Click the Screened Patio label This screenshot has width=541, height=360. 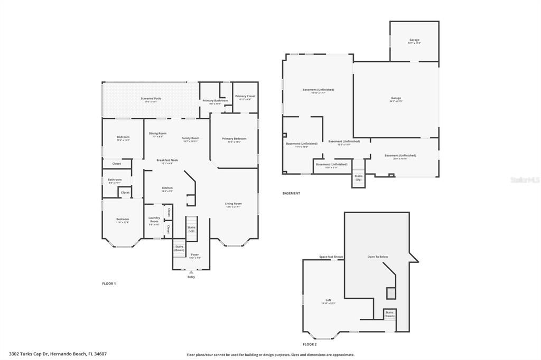point(151,99)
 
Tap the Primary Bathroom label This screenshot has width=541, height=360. point(215,101)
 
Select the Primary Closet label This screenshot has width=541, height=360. point(245,97)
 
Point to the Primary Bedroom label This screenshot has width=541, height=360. point(234,139)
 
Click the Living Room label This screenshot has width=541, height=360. point(233,204)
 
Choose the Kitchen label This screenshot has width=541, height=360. point(167,188)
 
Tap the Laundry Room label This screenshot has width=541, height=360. point(154,220)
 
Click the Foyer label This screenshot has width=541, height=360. point(195,255)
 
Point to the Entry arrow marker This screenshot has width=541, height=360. point(191,272)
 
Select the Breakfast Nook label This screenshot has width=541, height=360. point(167,160)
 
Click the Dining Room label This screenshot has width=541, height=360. point(157,134)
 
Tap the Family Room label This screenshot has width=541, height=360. point(190,138)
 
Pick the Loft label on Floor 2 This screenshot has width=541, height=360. point(328,300)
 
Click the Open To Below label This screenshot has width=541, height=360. point(377,257)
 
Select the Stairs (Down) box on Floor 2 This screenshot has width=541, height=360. point(389,314)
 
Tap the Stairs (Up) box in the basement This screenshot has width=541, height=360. point(359,177)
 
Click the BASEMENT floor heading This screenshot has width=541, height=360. point(291,193)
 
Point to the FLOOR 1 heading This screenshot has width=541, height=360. point(109,283)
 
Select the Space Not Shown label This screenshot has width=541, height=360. point(331,257)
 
